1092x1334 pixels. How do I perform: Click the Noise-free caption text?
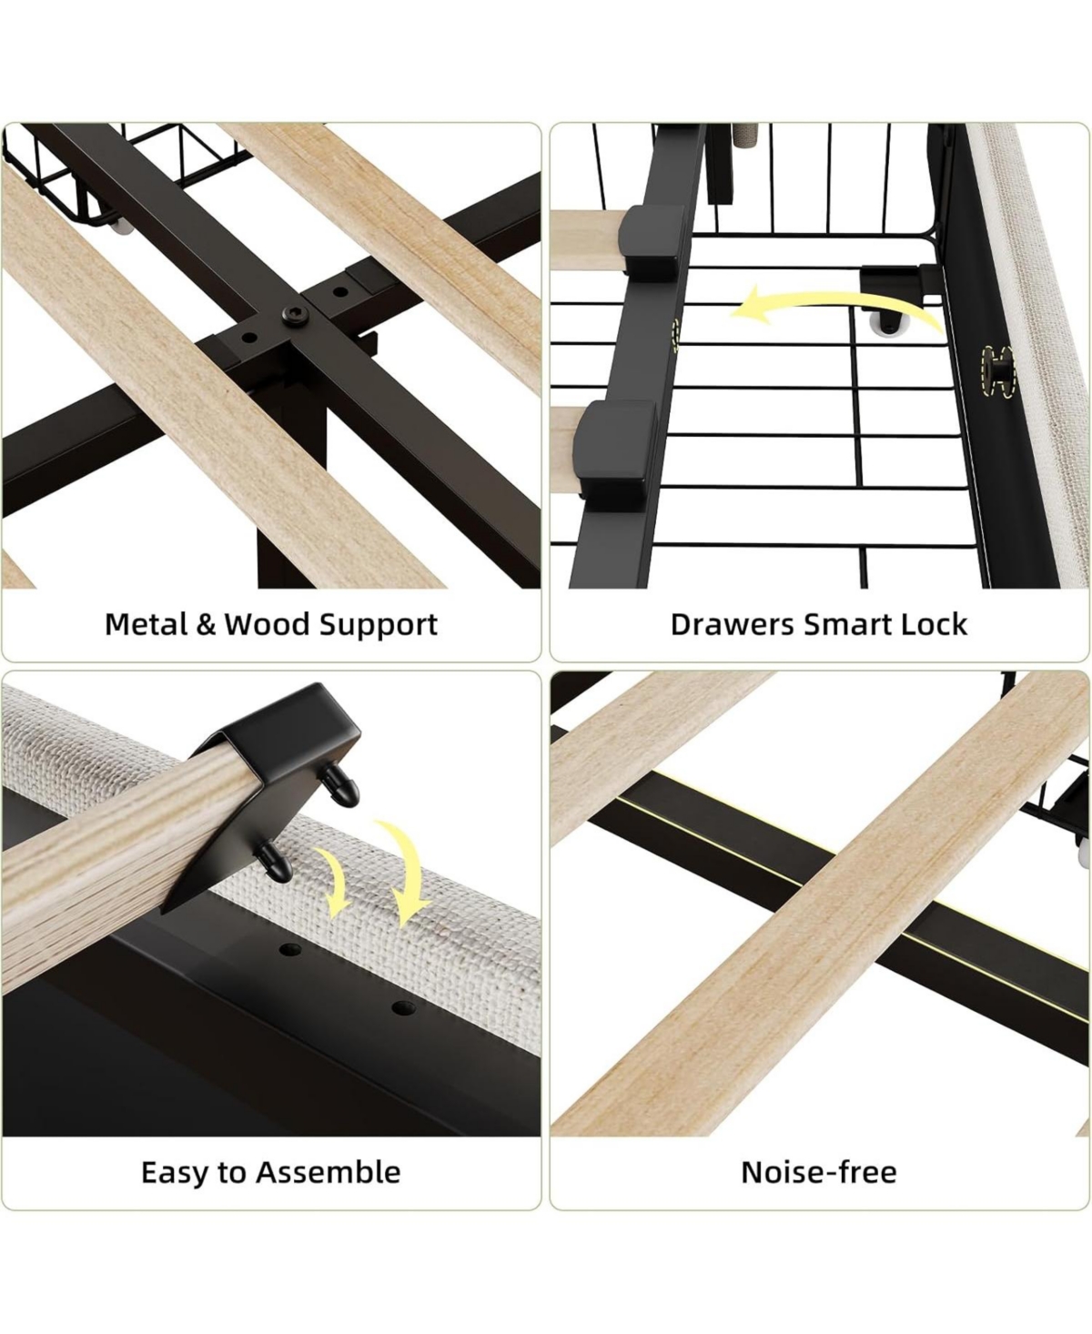coord(819,1172)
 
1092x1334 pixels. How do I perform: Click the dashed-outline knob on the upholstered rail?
coord(996,371)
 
